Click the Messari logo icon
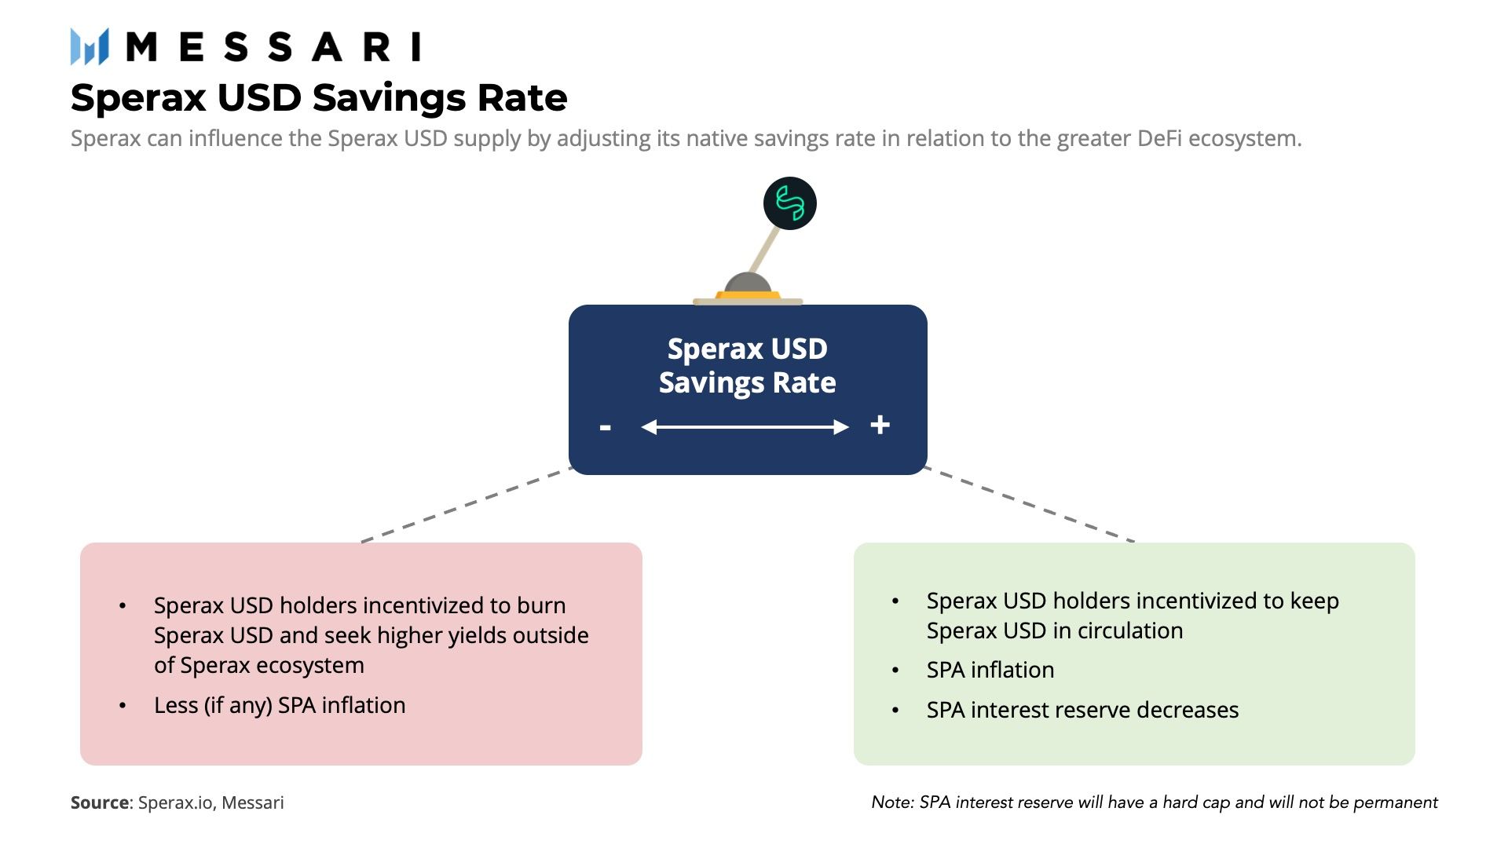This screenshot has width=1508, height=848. tap(89, 46)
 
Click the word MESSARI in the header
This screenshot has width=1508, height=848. tap(273, 47)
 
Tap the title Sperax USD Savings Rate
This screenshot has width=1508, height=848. tap(318, 98)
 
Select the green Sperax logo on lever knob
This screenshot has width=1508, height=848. tap(789, 203)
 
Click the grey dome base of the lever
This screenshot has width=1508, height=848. tap(747, 284)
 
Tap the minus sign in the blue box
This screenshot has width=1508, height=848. tap(605, 428)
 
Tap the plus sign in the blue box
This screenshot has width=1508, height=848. tap(880, 425)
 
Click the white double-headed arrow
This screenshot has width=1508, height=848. tap(745, 427)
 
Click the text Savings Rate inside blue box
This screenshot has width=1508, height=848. tap(747, 383)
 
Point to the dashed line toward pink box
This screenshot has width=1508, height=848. tap(466, 505)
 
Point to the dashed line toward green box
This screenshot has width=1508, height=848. tap(1029, 504)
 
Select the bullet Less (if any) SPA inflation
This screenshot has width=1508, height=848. tap(280, 705)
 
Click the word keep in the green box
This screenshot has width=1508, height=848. tap(1314, 601)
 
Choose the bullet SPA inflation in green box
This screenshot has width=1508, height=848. tap(990, 670)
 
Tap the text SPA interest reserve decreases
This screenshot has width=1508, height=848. tap(1082, 710)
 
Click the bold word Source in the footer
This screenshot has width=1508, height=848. tap(99, 802)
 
